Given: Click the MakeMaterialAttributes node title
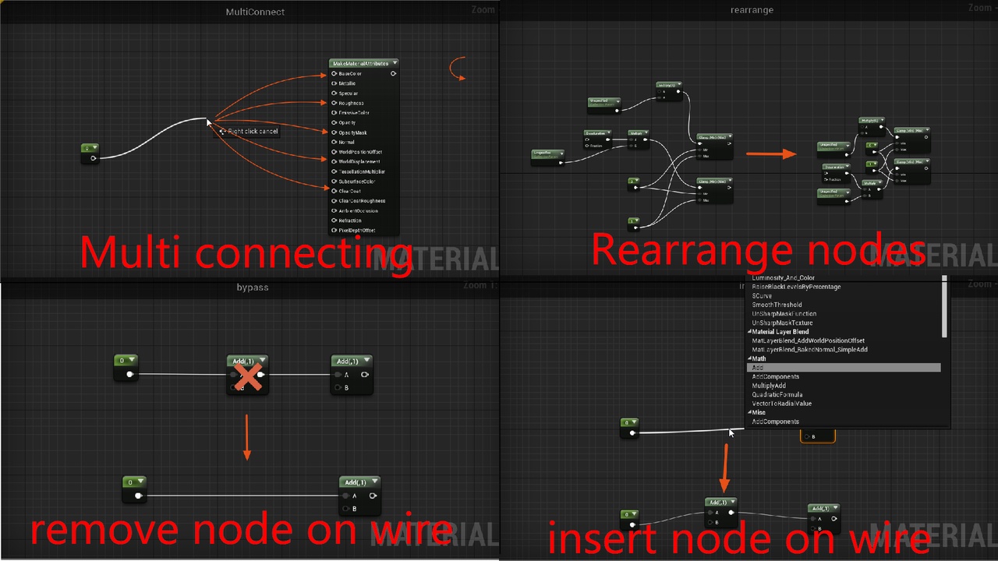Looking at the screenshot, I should [x=360, y=63].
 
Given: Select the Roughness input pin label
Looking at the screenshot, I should [x=351, y=103].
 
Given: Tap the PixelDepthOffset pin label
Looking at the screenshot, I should [x=357, y=231].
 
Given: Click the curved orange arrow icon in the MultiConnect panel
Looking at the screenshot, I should [x=458, y=69].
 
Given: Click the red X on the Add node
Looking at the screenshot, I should [x=248, y=376].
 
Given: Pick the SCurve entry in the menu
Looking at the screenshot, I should [x=763, y=296].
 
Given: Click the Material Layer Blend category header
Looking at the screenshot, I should [x=780, y=332].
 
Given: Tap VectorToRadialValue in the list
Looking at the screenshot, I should [x=782, y=404].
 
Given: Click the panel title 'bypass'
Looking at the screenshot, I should [x=252, y=288].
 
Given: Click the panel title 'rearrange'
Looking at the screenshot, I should [x=752, y=10].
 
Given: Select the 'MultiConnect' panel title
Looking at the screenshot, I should [x=255, y=12].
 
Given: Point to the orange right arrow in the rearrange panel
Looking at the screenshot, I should [x=771, y=154].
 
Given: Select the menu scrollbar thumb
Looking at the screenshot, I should [x=945, y=308].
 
